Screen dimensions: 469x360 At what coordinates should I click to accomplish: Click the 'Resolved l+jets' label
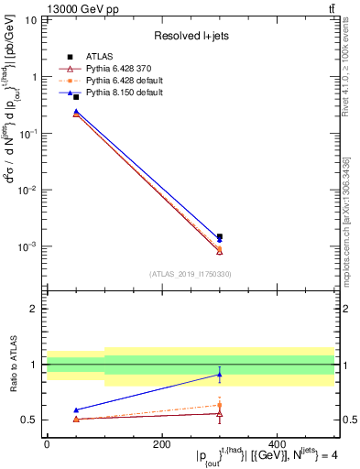(191, 36)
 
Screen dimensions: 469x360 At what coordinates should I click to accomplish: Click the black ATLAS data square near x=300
(219, 236)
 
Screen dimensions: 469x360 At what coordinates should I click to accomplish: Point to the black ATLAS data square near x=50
(75, 97)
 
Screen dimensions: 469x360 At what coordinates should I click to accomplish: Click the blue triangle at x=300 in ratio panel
(219, 374)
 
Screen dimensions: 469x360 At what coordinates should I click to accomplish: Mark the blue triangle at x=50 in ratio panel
(75, 409)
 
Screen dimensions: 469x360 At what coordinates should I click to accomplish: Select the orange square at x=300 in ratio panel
(219, 404)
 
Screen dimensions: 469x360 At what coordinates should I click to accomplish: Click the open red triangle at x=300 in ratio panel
(219, 414)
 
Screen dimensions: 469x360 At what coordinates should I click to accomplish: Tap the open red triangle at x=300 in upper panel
(219, 251)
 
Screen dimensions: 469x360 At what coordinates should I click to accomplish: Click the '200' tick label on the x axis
(161, 444)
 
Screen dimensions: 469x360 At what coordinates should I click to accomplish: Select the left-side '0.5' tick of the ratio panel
(28, 420)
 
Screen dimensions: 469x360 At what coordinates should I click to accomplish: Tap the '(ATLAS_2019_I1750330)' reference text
(190, 274)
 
